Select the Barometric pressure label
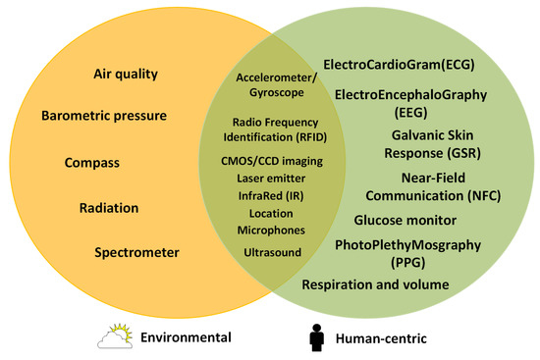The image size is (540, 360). [103, 116]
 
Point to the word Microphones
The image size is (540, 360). [271, 229]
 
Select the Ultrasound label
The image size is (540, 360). [271, 252]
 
